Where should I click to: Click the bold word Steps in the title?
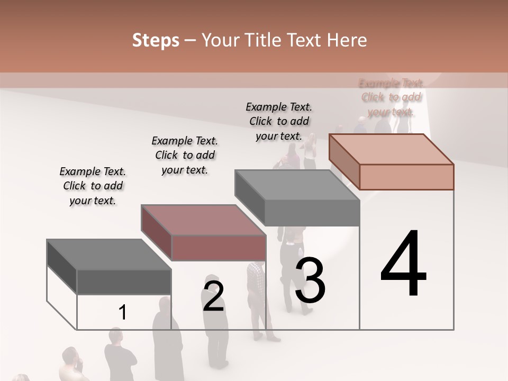156,40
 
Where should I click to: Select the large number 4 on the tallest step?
403,265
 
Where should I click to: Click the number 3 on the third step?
310,280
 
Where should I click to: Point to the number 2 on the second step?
213,296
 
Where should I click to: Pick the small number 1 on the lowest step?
123,313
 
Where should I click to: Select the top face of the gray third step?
296,185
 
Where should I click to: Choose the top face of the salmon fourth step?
391,149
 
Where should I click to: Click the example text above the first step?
93,186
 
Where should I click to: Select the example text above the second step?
185,155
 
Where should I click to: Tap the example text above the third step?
279,121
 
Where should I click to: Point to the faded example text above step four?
391,97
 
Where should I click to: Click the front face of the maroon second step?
219,248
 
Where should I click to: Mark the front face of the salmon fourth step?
406,177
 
